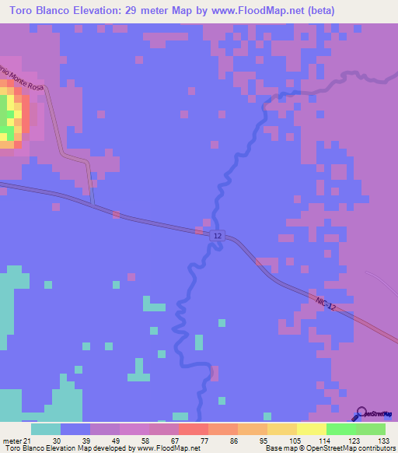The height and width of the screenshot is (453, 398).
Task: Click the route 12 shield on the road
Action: tap(217, 236)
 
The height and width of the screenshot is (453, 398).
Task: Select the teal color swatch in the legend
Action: tap(45, 429)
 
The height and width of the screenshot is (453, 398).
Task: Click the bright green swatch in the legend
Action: tap(340, 429)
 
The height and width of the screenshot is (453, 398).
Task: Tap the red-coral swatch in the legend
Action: tap(193, 429)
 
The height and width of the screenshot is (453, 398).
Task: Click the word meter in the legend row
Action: tap(9, 440)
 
